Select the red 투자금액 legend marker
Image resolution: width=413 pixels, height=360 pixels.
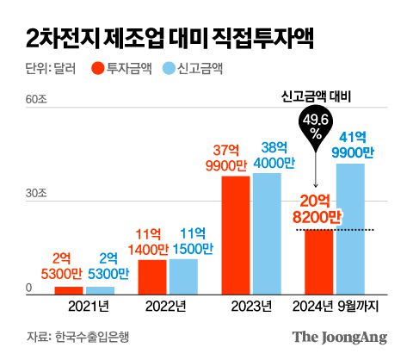coord(98,70)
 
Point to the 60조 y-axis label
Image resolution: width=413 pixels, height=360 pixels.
coord(34,100)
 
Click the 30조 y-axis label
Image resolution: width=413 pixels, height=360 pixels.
coord(34,195)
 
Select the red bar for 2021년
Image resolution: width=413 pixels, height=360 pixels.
coord(68,289)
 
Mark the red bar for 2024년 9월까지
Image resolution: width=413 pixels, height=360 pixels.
coord(318,261)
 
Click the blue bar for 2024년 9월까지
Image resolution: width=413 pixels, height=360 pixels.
coord(350,228)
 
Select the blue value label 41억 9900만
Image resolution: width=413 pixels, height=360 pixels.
coord(355,145)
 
